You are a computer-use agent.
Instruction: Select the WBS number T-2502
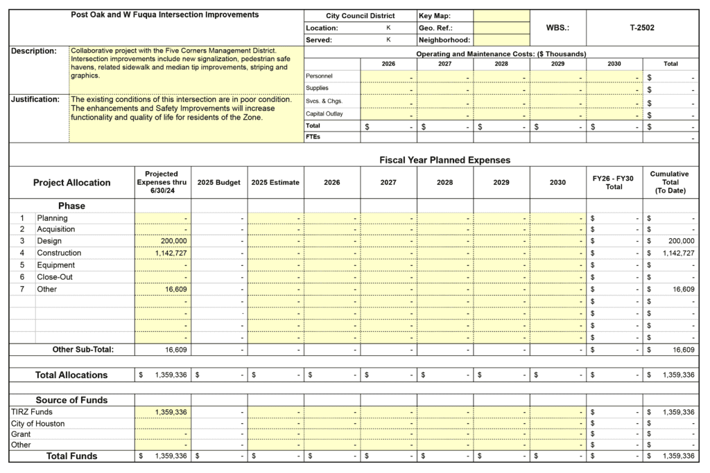(641, 28)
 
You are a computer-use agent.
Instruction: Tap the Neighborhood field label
(444, 40)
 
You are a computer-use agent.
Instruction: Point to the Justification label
(35, 100)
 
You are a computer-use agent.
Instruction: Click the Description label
(34, 51)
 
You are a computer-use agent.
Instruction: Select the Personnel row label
(319, 76)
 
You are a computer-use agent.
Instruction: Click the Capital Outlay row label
(324, 114)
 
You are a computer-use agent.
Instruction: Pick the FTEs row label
(313, 137)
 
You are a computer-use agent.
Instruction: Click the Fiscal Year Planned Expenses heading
(444, 160)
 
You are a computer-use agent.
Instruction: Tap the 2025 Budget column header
(219, 183)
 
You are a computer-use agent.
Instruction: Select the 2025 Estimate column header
(275, 183)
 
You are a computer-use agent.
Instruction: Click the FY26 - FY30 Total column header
(614, 183)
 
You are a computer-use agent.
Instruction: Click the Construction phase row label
(59, 253)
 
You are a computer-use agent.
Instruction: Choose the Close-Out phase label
(56, 277)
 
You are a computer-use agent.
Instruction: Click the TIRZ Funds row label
(32, 412)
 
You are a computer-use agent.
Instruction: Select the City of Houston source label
(38, 423)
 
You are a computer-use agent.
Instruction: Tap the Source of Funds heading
(71, 400)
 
